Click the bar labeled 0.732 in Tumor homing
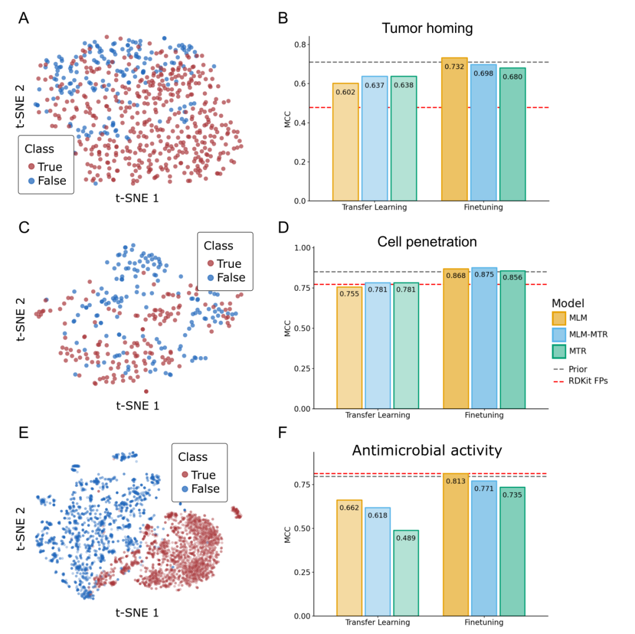coord(454,130)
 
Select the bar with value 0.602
coord(346,142)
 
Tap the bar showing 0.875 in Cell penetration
coord(484,338)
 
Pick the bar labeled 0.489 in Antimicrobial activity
coord(406,573)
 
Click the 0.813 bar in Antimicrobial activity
coord(456,545)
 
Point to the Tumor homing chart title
coord(427,28)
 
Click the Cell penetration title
coord(427,241)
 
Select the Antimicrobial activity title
coord(427,450)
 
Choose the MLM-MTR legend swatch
coord(559,334)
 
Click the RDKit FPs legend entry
coord(580,381)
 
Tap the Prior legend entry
coord(570,369)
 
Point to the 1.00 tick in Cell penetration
coord(303,248)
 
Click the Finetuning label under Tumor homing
coord(483,207)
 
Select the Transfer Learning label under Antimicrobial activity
coord(377,622)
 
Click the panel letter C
coord(24,227)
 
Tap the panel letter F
coord(283,433)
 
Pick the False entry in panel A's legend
coord(48,181)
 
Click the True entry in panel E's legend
coord(199,474)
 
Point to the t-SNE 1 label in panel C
coord(138,406)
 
